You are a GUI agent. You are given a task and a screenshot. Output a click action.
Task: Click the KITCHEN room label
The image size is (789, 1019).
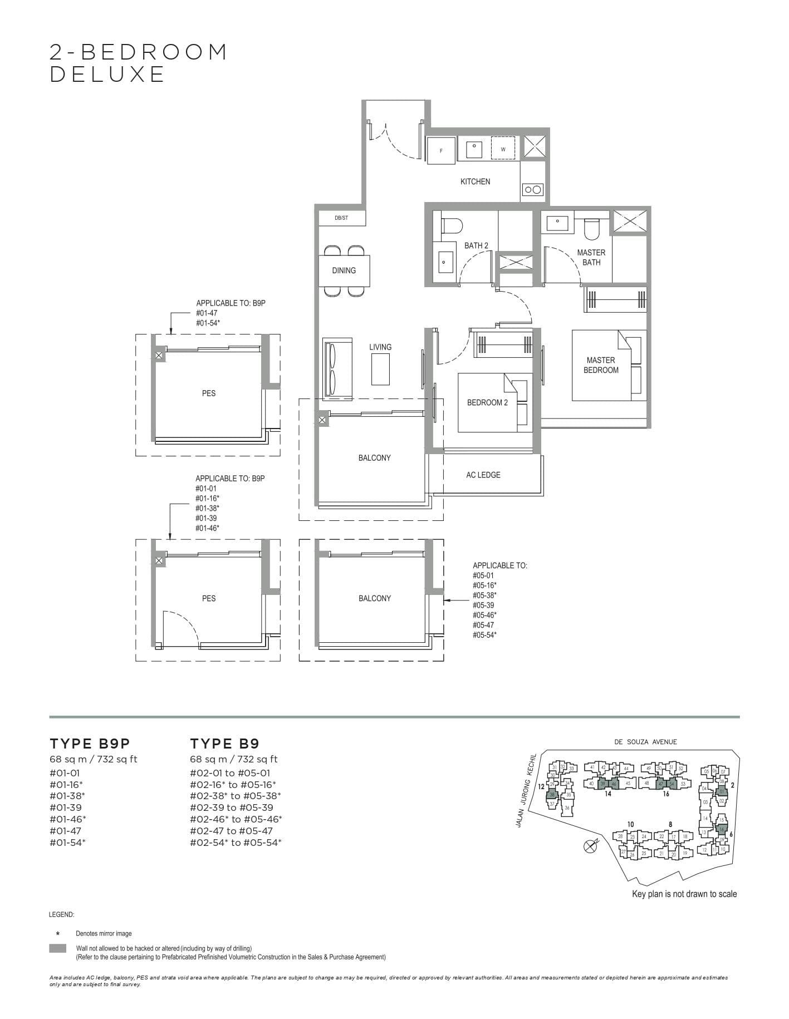pyautogui.click(x=475, y=181)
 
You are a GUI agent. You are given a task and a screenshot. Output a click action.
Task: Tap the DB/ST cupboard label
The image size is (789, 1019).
pyautogui.click(x=341, y=218)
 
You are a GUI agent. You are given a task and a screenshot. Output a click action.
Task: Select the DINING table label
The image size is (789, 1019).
pyautogui.click(x=344, y=270)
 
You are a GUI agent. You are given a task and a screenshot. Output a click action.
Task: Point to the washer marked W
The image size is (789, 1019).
pyautogui.click(x=503, y=149)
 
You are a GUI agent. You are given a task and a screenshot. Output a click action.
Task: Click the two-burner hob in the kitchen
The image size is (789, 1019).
pyautogui.click(x=532, y=190)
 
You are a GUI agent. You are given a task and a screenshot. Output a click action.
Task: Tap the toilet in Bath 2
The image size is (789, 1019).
pyautogui.click(x=452, y=226)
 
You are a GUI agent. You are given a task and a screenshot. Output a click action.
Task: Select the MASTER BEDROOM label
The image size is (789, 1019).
pyautogui.click(x=600, y=365)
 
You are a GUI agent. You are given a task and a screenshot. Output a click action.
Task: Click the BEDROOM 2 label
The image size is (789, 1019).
pyautogui.click(x=487, y=402)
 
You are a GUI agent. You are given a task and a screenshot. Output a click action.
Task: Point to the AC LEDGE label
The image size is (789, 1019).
pyautogui.click(x=483, y=475)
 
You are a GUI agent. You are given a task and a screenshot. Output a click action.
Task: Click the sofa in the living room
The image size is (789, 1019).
pyautogui.click(x=337, y=368)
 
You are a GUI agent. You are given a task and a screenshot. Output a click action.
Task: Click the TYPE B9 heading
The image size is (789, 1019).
pyautogui.click(x=224, y=744)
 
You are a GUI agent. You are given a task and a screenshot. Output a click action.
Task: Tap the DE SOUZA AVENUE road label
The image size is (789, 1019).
pyautogui.click(x=645, y=742)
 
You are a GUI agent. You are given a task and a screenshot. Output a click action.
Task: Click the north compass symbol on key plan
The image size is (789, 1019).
pyautogui.click(x=590, y=847)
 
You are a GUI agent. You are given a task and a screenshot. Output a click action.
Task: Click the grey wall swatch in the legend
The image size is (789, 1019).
pyautogui.click(x=57, y=948)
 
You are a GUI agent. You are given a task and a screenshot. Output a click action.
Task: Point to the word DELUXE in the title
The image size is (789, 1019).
pyautogui.click(x=107, y=74)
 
